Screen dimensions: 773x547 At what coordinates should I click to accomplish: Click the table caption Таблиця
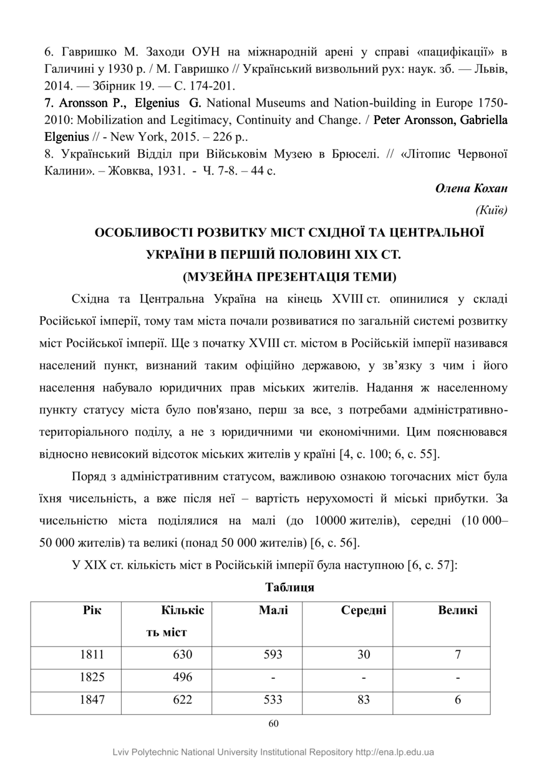[x=289, y=587]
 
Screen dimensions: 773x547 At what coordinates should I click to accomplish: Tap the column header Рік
[x=92, y=610]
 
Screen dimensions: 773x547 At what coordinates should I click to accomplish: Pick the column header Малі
[x=273, y=610]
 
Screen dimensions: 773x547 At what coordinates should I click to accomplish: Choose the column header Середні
[x=364, y=610]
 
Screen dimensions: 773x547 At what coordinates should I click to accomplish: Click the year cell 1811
[x=92, y=655]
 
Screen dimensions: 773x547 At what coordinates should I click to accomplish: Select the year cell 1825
[x=92, y=677]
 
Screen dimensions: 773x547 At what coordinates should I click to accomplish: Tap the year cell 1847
[x=92, y=699]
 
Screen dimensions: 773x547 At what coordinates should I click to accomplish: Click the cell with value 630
[x=183, y=655]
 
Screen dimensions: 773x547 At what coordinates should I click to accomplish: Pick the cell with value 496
[x=183, y=677]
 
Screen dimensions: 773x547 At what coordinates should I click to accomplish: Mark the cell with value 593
[x=273, y=655]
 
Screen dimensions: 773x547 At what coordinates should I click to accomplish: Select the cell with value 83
[x=364, y=699]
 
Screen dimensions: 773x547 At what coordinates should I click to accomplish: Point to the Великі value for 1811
[x=458, y=655]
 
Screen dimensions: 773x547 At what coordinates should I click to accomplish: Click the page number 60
[x=273, y=724]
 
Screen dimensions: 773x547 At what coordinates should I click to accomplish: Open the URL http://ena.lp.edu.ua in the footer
[x=395, y=752]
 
